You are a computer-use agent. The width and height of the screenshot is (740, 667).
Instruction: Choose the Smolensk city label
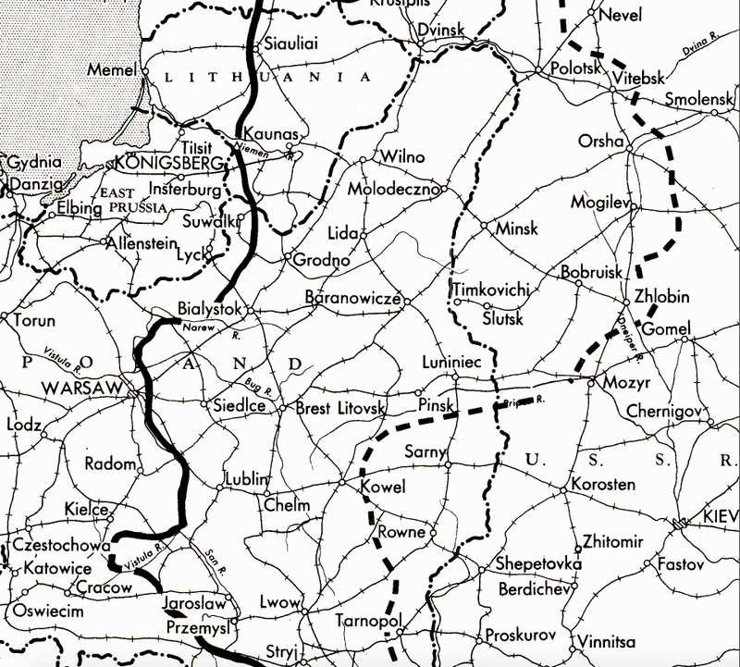[x=696, y=98]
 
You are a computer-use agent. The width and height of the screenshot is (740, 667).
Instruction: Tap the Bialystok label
[x=209, y=311]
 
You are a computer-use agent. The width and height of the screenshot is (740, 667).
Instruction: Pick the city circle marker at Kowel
[x=341, y=483]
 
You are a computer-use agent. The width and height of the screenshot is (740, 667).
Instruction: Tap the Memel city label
[x=111, y=69]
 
